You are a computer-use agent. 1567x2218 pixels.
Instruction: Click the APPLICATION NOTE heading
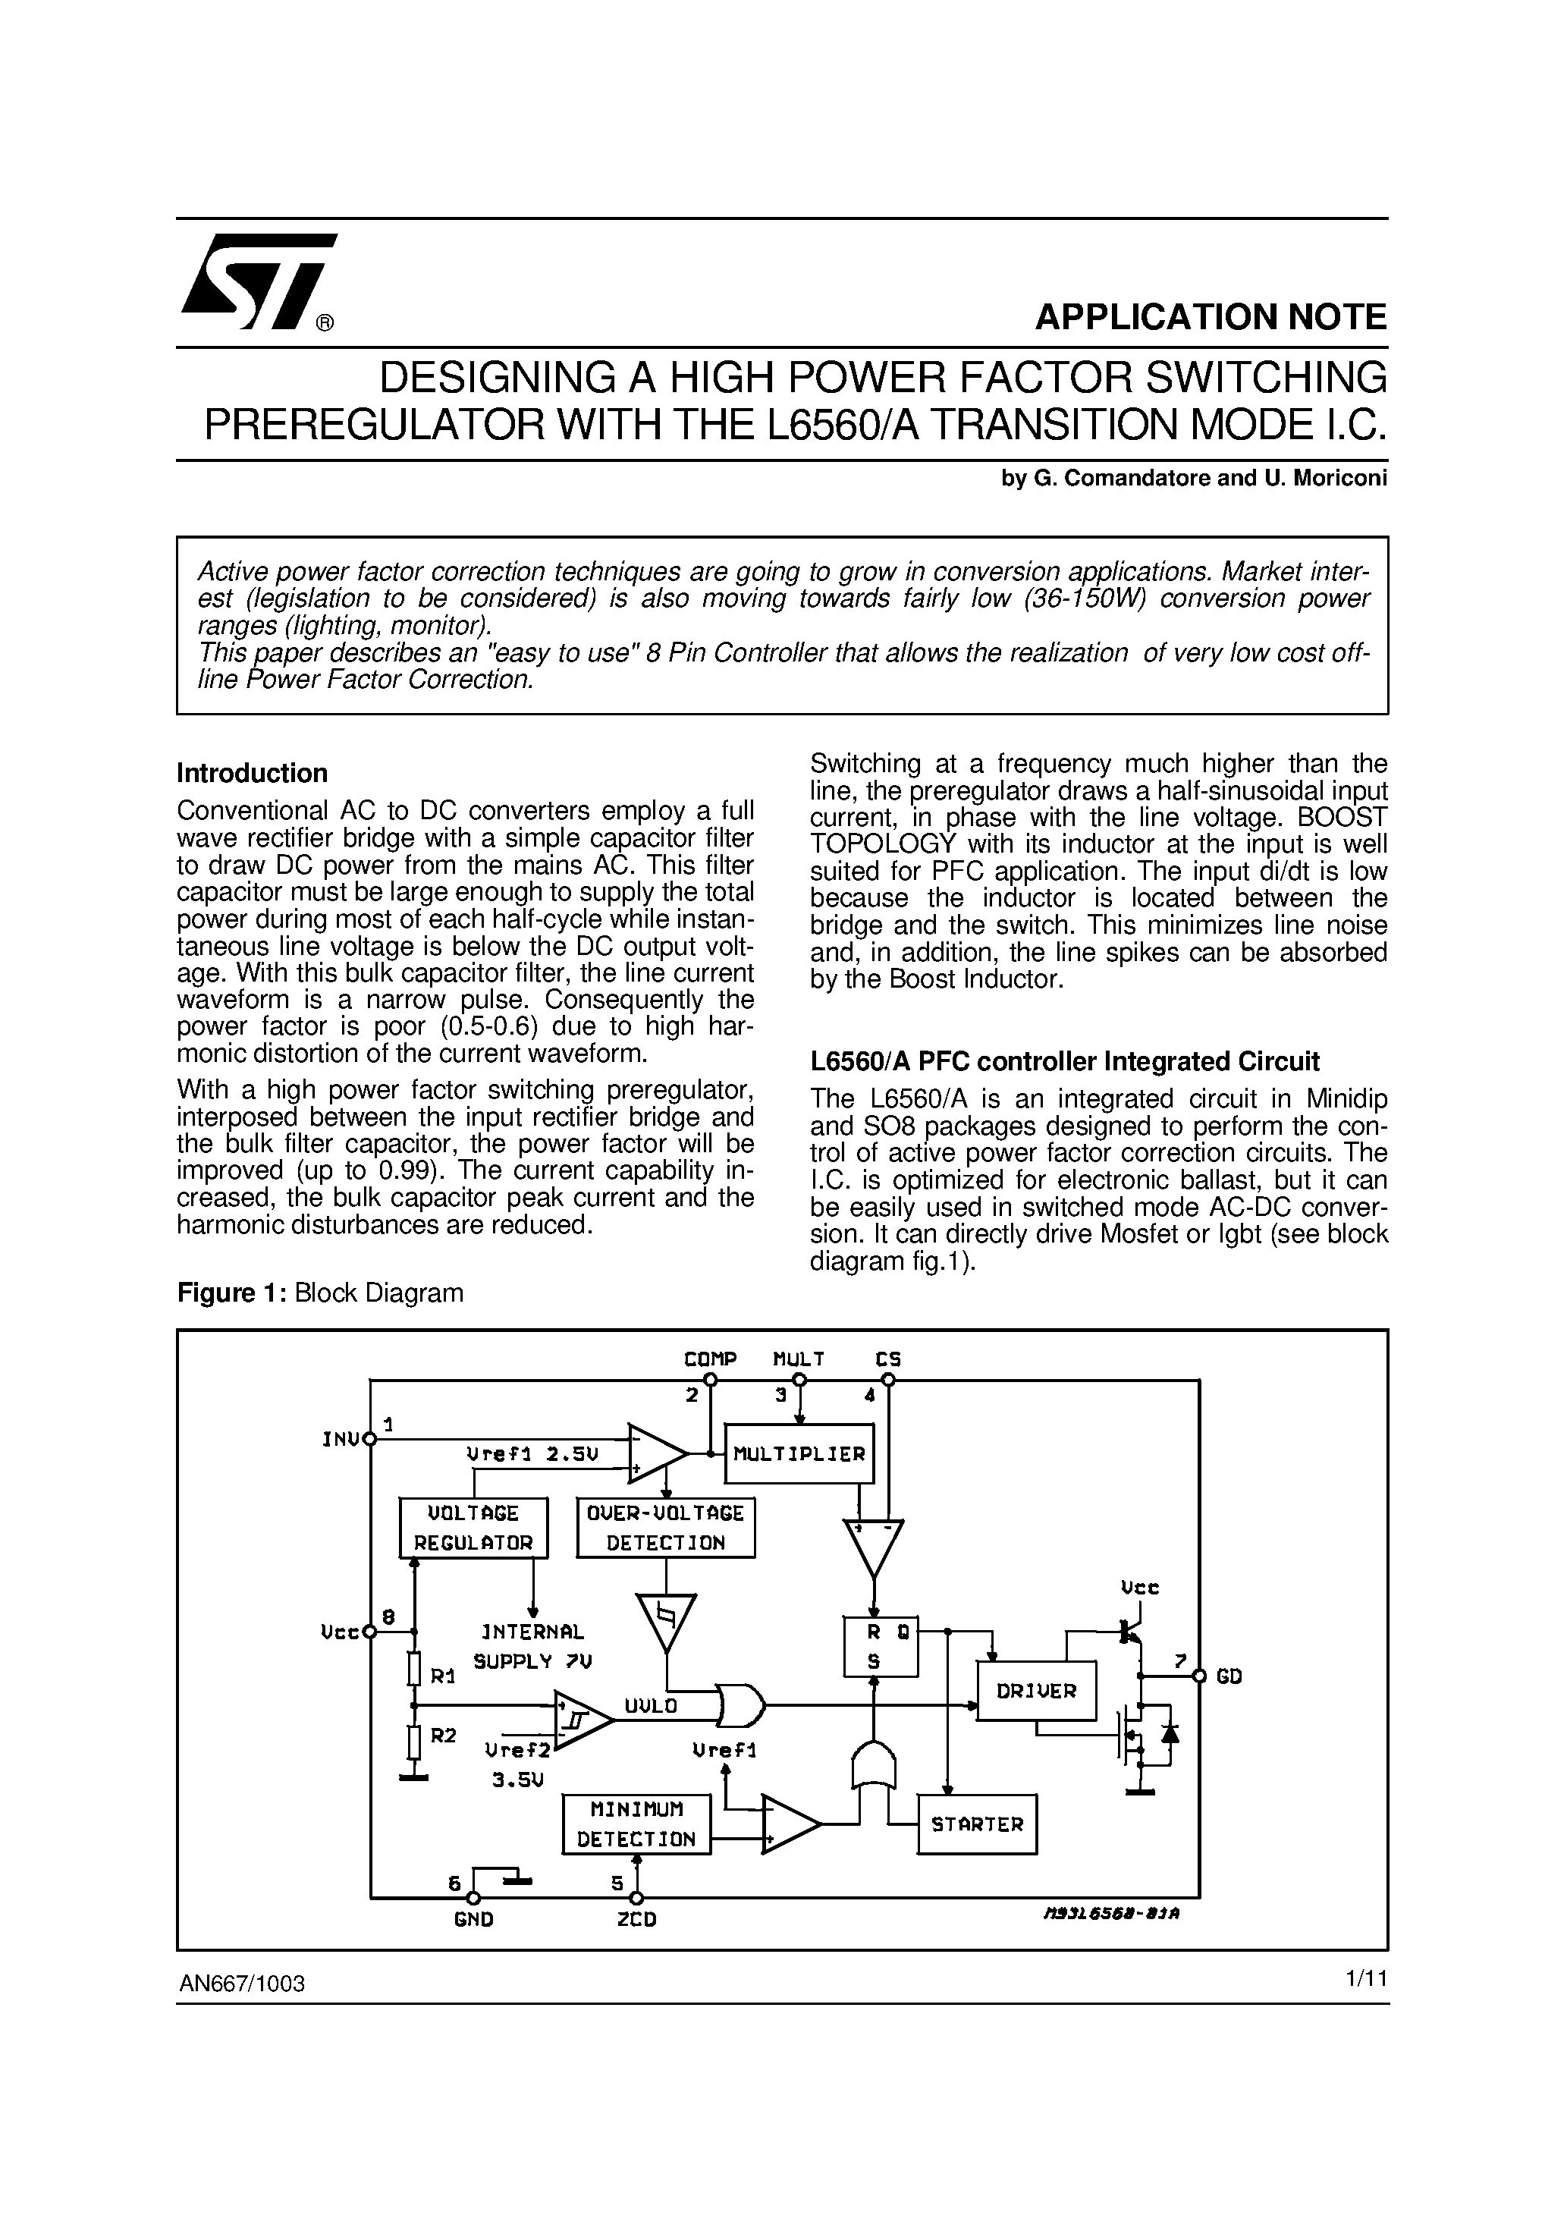pos(1211,317)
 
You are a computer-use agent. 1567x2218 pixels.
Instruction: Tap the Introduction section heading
pos(252,773)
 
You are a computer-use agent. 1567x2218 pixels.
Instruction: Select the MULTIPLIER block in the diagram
pos(799,1454)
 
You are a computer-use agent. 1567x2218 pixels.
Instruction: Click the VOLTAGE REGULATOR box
pos(473,1527)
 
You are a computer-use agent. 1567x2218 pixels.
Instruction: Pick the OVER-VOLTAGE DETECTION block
pos(666,1527)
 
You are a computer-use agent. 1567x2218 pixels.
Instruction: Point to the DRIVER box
pos(1037,1691)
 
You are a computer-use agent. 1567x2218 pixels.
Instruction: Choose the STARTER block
pos(977,1824)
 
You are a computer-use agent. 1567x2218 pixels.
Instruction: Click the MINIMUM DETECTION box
pos(636,1824)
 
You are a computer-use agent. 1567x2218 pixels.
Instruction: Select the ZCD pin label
pos(636,1919)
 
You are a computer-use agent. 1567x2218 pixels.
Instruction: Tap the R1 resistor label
pos(442,1677)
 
